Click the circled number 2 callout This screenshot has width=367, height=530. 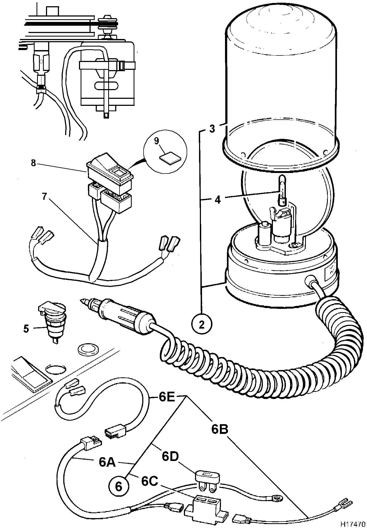pos(201,325)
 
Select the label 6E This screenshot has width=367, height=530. pos(167,397)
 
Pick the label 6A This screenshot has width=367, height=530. pos(107,462)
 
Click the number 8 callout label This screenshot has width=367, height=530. pos(33,164)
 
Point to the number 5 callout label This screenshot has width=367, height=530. pos(26,329)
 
